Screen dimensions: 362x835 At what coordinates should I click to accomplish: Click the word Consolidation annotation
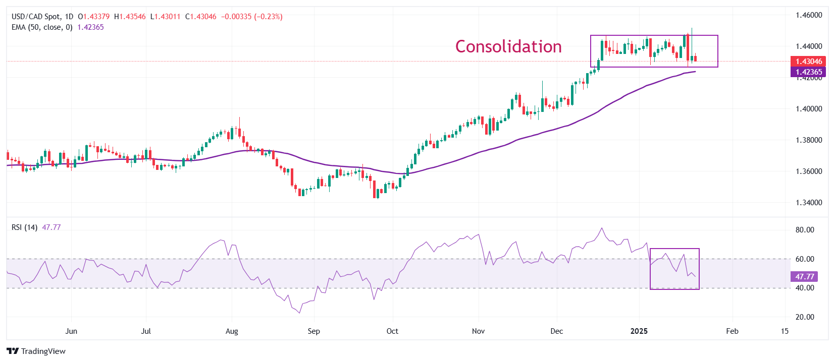point(508,46)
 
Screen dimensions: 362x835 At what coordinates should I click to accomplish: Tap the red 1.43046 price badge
point(808,62)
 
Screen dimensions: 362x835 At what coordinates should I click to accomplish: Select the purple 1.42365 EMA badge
point(808,72)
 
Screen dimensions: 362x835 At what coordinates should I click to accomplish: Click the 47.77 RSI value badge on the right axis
point(804,277)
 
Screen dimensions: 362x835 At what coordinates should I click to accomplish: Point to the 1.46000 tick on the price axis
point(809,15)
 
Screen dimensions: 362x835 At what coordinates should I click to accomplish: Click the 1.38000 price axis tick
point(809,140)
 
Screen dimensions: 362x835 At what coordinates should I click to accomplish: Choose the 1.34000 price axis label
point(809,203)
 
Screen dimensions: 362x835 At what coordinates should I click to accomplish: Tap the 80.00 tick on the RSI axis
point(805,230)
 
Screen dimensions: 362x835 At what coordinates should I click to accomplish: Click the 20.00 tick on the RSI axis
point(805,317)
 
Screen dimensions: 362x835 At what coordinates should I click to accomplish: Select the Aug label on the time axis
point(232,331)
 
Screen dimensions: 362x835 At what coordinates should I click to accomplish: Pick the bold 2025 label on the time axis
point(639,331)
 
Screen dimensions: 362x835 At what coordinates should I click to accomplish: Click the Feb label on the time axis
point(732,331)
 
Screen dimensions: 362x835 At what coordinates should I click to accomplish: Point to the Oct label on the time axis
point(392,331)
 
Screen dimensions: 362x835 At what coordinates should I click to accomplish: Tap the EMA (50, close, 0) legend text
point(42,27)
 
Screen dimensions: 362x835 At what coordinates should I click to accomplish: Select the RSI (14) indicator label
point(24,227)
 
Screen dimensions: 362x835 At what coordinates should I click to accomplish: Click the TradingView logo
point(36,351)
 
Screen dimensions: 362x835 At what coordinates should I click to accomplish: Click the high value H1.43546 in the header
point(130,17)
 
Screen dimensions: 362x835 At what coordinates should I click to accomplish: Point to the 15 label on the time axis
point(785,331)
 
